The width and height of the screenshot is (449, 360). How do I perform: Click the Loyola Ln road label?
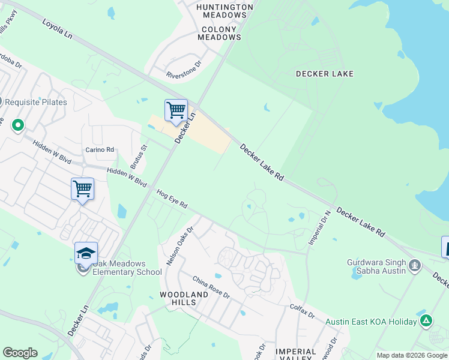(57, 29)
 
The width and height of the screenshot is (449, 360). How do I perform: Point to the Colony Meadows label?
(220, 33)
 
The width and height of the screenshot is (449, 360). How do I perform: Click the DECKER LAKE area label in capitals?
(325, 74)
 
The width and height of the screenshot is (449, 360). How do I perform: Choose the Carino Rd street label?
(100, 149)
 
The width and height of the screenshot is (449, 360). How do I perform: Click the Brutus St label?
(139, 157)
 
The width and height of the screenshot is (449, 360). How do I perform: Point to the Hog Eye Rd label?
(172, 200)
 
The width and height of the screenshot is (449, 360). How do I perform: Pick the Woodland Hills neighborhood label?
(184, 299)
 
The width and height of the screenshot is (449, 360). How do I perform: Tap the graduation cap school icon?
(86, 253)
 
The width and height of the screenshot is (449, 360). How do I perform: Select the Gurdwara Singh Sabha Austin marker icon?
(414, 265)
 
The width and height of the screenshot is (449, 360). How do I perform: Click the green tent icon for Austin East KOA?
(426, 321)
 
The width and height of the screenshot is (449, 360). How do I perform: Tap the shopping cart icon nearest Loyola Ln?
(176, 110)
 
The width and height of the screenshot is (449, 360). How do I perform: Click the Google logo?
(20, 353)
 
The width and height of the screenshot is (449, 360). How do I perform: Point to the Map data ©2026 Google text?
(411, 355)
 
